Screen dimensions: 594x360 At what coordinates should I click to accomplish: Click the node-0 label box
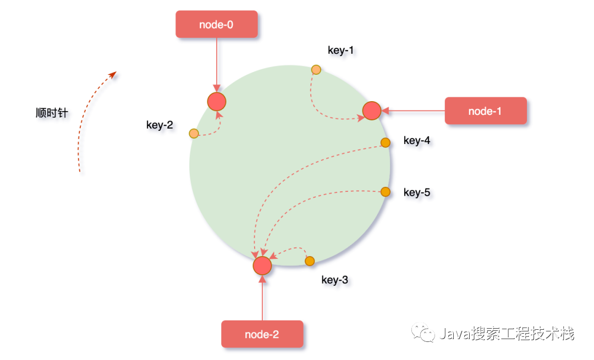[217, 24]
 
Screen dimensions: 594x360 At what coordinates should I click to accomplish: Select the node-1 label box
[485, 111]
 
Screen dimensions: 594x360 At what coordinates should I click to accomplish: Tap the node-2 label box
[262, 334]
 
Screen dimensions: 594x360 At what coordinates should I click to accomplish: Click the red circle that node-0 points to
[217, 102]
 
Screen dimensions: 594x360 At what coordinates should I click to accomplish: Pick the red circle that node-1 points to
[372, 110]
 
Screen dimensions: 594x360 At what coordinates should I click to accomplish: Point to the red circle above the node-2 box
[262, 265]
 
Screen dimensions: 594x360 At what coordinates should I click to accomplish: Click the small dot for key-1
[316, 69]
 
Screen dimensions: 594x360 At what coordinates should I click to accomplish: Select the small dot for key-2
[194, 133]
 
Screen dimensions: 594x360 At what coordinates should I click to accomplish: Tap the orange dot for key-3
[310, 261]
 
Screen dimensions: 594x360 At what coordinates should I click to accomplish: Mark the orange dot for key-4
[386, 142]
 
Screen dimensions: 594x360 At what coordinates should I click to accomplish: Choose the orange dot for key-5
[386, 192]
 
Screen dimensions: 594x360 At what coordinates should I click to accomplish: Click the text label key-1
[341, 51]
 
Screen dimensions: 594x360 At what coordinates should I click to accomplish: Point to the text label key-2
[159, 125]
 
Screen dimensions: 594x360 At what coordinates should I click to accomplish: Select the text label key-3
[334, 280]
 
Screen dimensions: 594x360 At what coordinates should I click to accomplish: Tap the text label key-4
[417, 141]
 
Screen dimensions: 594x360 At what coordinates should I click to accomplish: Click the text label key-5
[417, 192]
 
